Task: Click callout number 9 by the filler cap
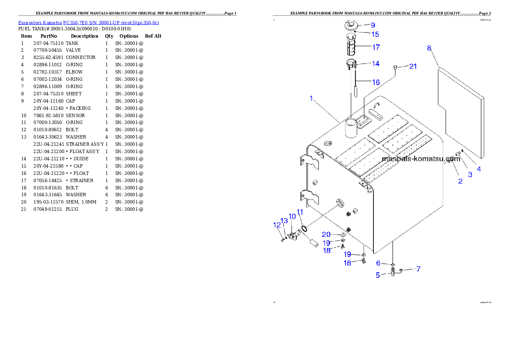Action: (373, 25)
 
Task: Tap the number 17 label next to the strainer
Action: (376, 47)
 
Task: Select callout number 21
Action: (413, 66)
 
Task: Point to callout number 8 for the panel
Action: (429, 48)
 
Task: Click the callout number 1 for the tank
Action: (311, 98)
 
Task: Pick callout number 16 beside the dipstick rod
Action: (376, 82)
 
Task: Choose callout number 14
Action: (375, 64)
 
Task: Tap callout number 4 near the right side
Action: (479, 169)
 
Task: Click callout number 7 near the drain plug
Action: (418, 269)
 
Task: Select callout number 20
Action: (326, 234)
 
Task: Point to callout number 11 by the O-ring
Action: (300, 212)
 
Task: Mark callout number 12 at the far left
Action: (277, 224)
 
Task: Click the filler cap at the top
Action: (350, 26)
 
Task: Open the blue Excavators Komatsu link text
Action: (89, 23)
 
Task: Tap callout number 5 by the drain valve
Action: (378, 275)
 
